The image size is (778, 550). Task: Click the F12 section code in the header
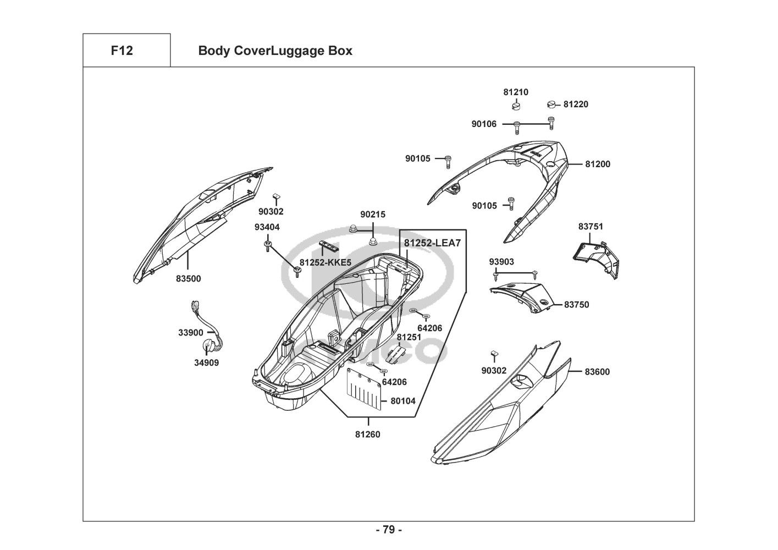(x=122, y=51)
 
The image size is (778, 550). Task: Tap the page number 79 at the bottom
(x=389, y=530)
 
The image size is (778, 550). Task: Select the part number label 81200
(x=598, y=164)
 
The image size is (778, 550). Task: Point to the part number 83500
(x=188, y=279)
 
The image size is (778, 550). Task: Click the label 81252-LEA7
(x=432, y=243)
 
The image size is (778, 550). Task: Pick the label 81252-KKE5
(x=325, y=262)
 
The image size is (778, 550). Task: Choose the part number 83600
(x=597, y=372)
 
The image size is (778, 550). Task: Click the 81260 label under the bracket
(x=367, y=435)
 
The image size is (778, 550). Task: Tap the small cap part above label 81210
(x=516, y=105)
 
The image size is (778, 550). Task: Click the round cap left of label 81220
(x=551, y=104)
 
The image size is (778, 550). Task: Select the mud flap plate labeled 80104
(x=364, y=389)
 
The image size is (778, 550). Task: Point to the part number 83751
(x=591, y=227)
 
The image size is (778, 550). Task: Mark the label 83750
(x=577, y=305)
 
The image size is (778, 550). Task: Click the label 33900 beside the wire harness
(x=191, y=333)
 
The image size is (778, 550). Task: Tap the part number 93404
(x=267, y=227)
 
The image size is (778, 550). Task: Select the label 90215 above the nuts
(x=373, y=215)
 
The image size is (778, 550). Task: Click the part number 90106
(x=484, y=124)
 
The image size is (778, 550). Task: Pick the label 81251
(x=409, y=337)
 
